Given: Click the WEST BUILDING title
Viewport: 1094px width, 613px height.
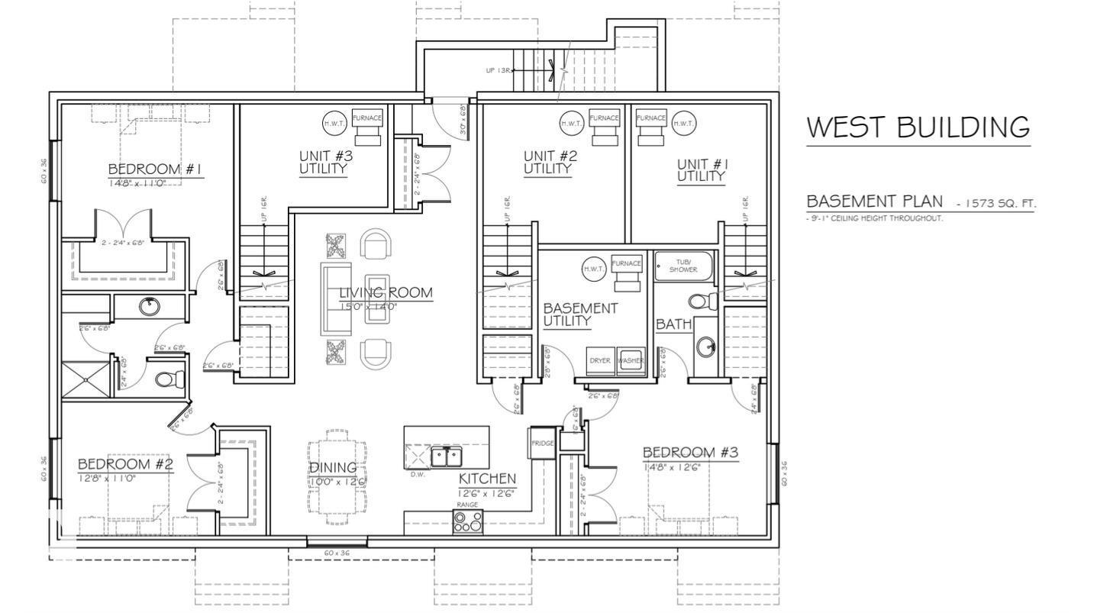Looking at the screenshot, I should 918,127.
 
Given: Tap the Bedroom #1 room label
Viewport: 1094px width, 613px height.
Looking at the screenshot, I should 155,169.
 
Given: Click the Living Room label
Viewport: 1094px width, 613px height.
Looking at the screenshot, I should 386,292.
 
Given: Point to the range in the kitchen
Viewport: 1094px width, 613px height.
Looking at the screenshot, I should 467,521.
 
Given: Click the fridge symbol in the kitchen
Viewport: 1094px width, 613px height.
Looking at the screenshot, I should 542,444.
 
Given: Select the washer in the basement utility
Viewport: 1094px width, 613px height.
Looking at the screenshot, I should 631,360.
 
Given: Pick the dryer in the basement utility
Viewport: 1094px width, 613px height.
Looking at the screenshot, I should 600,360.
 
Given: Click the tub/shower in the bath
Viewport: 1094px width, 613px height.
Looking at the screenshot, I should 683,265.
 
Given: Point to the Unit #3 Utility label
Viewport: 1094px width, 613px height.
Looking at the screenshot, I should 325,163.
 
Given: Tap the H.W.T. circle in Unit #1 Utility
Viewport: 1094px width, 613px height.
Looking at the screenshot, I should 683,123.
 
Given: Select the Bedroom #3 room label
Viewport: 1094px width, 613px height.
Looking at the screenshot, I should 690,453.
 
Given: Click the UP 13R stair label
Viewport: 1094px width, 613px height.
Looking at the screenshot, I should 498,70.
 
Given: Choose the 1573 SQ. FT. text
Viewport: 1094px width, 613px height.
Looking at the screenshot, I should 1001,204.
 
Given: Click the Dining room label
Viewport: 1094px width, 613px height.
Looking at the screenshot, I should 332,468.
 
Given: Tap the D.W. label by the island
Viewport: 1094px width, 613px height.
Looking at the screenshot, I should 418,474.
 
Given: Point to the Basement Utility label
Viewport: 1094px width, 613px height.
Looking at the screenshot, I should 579,314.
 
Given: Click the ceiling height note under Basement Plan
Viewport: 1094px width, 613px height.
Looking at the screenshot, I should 875,218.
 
